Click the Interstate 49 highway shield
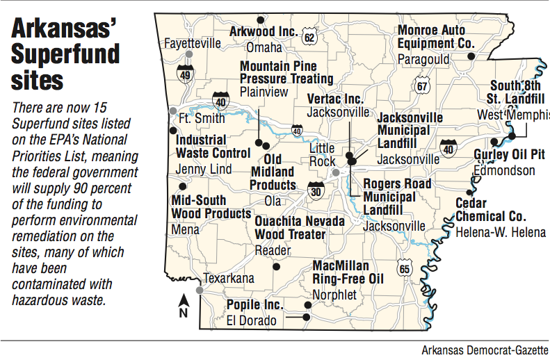(185, 73)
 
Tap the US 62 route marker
(309, 35)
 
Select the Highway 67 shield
(422, 85)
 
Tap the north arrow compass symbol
(184, 304)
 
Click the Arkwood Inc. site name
(264, 31)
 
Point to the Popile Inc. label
(254, 305)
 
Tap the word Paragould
(423, 60)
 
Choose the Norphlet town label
(334, 295)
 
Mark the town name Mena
(185, 229)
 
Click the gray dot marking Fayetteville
(188, 55)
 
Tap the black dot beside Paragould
(471, 56)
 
